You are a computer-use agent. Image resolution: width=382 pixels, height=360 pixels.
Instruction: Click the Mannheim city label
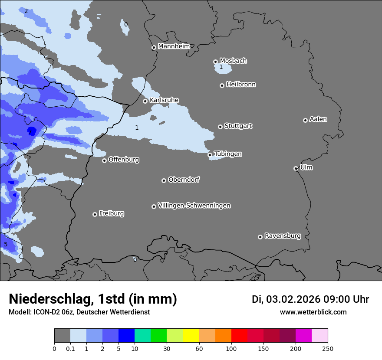[x=174, y=46]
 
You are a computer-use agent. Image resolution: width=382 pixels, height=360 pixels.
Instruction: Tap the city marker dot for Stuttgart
[x=220, y=127]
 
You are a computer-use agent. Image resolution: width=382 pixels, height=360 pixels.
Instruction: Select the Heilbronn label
[x=241, y=85]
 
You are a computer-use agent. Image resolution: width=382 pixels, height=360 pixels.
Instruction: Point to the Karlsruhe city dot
[x=145, y=101]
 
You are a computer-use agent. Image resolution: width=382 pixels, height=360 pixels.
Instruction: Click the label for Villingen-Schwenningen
[x=194, y=206]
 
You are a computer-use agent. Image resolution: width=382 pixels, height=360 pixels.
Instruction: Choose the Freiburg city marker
[x=95, y=214]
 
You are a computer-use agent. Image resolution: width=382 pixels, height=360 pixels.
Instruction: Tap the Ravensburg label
[x=283, y=236]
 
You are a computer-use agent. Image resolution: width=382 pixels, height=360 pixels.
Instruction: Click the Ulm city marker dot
[x=296, y=168]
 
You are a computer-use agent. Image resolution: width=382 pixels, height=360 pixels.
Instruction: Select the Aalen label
[x=318, y=119]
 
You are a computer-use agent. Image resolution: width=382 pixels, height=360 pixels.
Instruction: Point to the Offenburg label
[x=124, y=160]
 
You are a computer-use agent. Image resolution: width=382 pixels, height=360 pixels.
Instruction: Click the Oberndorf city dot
[x=164, y=180]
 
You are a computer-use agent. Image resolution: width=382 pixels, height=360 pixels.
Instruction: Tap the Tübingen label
[x=228, y=154]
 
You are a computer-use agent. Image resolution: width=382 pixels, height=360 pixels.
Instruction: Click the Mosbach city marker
[x=215, y=62]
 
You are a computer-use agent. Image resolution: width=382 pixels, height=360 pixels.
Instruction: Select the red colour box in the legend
[x=239, y=336]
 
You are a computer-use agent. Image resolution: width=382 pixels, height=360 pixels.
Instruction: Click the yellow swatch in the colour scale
[x=191, y=336]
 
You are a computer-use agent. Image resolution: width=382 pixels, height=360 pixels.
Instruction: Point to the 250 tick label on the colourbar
[x=328, y=348]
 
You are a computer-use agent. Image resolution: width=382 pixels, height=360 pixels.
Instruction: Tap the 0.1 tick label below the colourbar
[x=70, y=348]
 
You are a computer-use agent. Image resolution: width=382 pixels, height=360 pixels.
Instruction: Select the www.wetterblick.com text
[x=313, y=312]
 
